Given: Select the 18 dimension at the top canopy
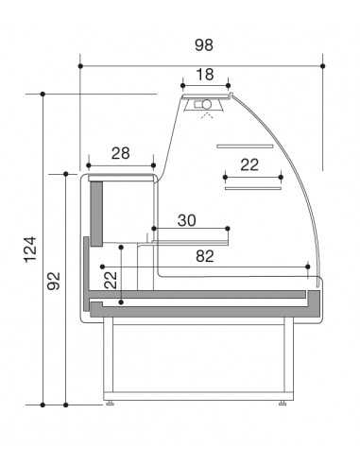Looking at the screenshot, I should coord(205,74).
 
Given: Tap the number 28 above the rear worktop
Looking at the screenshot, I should coord(120,154).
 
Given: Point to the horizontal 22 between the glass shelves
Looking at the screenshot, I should coord(249,164).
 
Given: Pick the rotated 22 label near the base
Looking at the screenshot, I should coord(110,281).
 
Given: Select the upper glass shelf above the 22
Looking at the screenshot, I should coord(244,146).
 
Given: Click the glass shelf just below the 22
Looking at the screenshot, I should coord(253,187).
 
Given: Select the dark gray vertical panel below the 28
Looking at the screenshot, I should coord(96,211).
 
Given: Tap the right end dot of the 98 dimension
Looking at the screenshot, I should coord(322,66).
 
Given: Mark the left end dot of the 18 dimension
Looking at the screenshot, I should coord(182,86).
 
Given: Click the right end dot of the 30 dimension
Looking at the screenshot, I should coord(229,228).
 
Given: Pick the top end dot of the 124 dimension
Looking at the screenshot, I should coord(43,94).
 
